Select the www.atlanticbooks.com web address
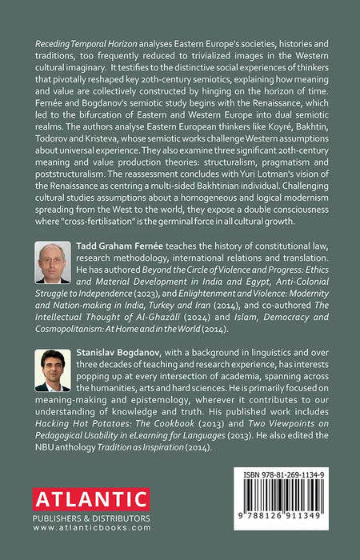click(x=79, y=529)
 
